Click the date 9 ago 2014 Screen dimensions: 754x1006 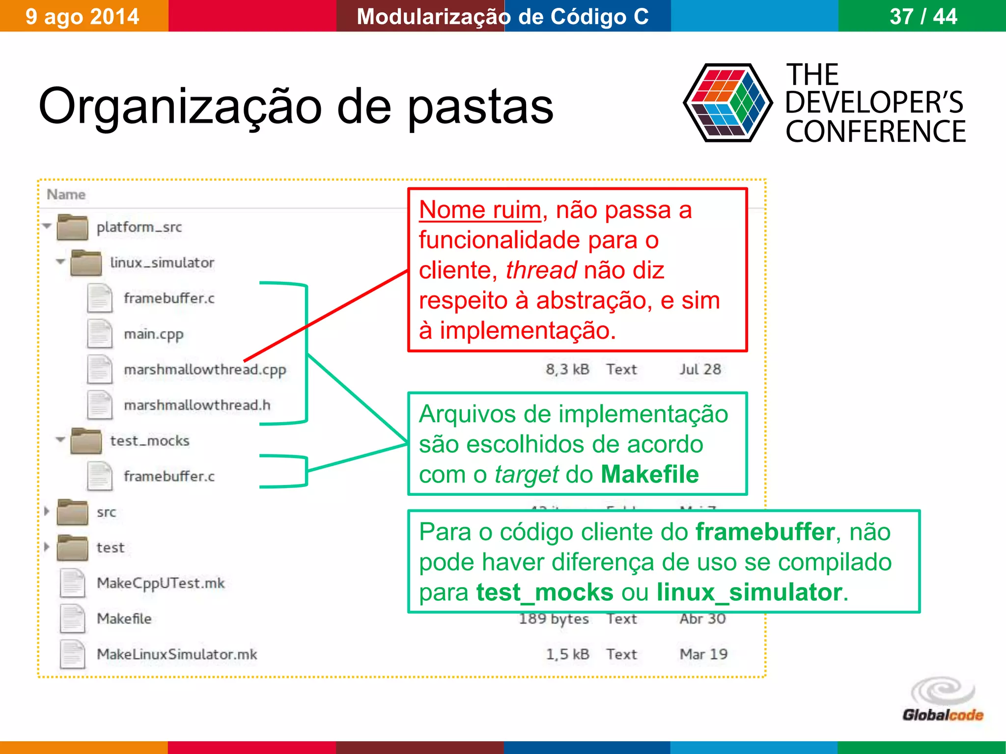(x=82, y=17)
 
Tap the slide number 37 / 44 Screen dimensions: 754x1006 (x=923, y=17)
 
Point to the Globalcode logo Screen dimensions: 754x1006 (x=943, y=700)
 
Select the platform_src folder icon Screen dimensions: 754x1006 (x=72, y=227)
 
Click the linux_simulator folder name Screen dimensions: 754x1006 (x=162, y=263)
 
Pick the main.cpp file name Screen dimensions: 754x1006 (x=153, y=334)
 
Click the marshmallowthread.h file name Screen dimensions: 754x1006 (x=197, y=405)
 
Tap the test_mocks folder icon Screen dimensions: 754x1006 (x=86, y=440)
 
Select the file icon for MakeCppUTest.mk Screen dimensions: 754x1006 (x=73, y=583)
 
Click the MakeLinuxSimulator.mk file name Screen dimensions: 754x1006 (x=177, y=654)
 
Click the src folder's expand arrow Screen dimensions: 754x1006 (x=47, y=511)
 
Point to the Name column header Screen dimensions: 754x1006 (x=66, y=194)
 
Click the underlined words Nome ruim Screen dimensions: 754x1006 (x=480, y=210)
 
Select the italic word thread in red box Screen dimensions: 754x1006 (x=541, y=270)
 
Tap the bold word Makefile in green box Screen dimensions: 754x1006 (x=649, y=475)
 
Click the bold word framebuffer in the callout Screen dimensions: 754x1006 (x=765, y=532)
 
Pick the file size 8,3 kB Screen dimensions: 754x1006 (x=567, y=369)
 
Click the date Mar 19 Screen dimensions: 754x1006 (x=703, y=654)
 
